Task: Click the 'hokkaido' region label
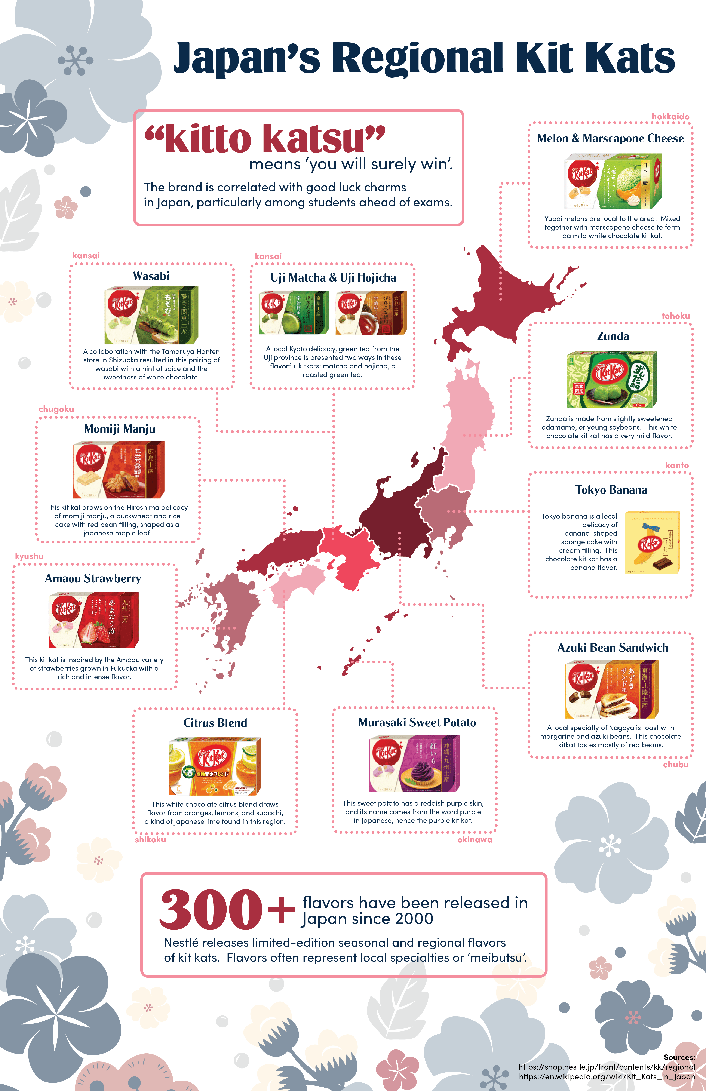point(670,116)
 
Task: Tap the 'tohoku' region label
point(675,316)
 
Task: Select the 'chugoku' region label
point(56,409)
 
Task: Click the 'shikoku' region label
point(150,839)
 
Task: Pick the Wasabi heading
point(151,276)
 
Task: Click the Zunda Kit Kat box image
point(612,379)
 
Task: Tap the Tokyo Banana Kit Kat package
point(652,542)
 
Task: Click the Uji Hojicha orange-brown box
point(371,313)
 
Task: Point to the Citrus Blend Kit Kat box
point(215,766)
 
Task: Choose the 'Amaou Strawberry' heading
point(93,578)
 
